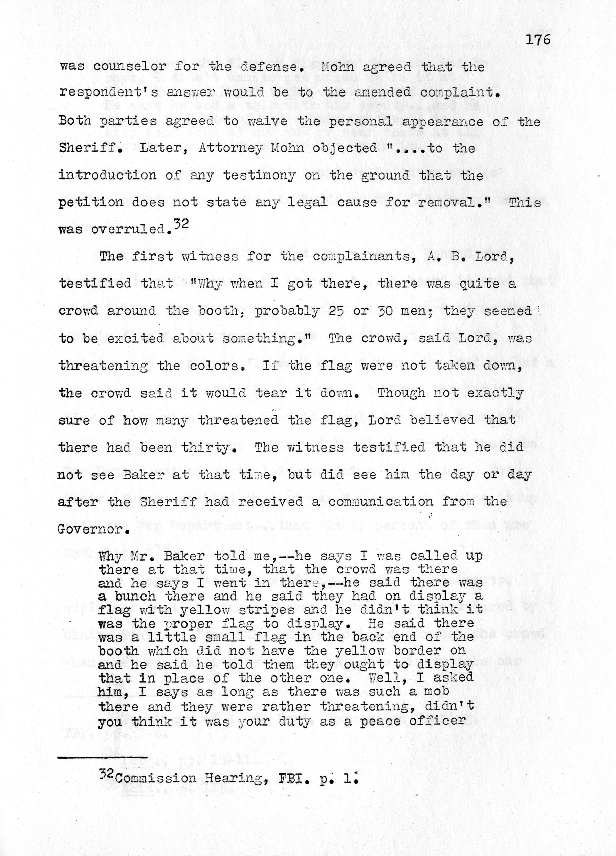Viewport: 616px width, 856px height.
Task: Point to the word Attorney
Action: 230,148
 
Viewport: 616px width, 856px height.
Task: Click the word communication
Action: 381,502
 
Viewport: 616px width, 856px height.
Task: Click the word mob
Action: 437,691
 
